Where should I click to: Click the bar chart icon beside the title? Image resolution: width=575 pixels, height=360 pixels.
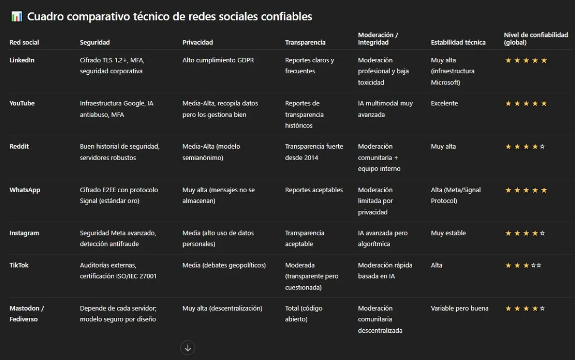tap(17, 17)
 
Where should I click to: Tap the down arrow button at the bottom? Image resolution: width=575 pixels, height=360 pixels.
tap(188, 348)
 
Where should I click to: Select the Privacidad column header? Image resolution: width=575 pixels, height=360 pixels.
tap(197, 42)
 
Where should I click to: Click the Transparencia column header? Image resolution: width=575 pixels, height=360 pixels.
tap(305, 42)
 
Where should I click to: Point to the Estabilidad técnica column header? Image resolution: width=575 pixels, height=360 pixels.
tap(458, 42)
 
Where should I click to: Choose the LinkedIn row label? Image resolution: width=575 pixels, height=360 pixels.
tap(22, 60)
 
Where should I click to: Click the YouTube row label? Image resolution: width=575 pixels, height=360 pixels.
tap(22, 104)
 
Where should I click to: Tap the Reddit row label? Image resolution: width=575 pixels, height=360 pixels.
tap(19, 147)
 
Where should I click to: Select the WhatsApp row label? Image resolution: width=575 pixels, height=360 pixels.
tap(25, 190)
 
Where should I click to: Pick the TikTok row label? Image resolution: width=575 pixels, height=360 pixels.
tap(19, 265)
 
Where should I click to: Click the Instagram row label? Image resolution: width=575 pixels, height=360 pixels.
tap(24, 233)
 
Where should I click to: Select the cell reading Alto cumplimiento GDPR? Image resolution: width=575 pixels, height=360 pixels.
tap(218, 60)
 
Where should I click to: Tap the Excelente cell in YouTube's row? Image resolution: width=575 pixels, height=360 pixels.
tap(444, 104)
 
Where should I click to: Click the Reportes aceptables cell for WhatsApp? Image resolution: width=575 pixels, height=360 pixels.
tap(314, 190)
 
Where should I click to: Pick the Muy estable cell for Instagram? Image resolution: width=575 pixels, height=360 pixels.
tap(448, 233)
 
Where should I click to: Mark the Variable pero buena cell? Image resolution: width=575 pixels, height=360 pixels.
tap(460, 308)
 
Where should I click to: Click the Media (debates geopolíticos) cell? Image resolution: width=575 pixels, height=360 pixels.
tap(224, 265)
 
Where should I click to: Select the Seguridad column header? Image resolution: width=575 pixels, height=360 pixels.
tap(94, 42)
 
